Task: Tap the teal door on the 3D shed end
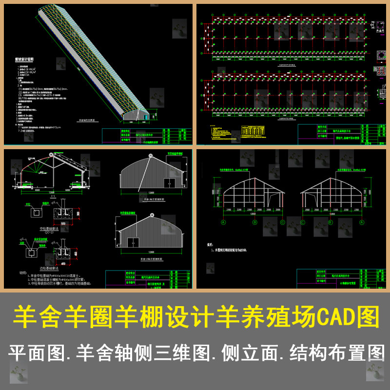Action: tap(145, 116)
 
